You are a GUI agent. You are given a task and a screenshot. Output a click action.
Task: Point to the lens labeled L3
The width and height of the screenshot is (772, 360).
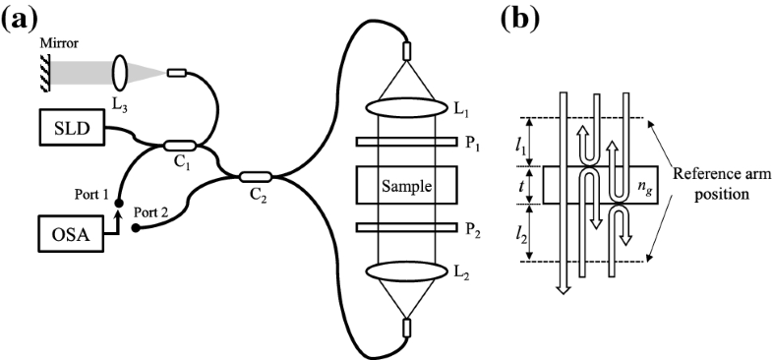[123, 72]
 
